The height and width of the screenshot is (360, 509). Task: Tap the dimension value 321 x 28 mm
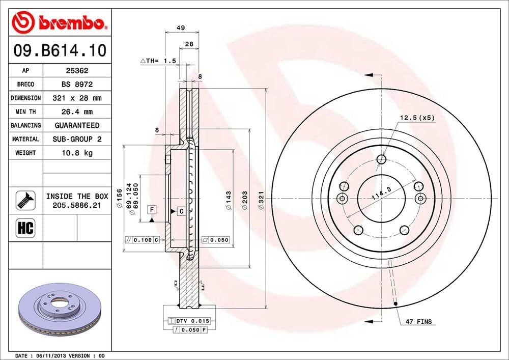(77, 98)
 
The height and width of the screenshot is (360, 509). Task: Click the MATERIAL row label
(25, 139)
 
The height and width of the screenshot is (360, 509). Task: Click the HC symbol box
(25, 228)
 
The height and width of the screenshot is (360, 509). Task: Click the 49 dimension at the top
(181, 27)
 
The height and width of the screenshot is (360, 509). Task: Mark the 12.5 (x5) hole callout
(417, 118)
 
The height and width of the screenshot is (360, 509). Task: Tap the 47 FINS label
(419, 321)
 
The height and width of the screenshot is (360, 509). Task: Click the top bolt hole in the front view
(381, 160)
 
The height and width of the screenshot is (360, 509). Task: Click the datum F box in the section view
(152, 209)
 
